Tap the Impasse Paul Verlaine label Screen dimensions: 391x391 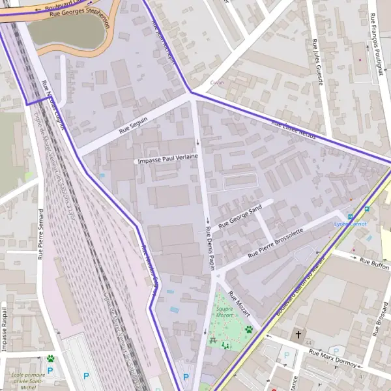pos(166,158)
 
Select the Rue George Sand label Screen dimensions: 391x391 pos(240,216)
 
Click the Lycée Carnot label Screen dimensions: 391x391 pos(351,224)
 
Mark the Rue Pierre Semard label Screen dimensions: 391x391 pos(40,239)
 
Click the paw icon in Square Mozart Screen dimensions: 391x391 pos(248,330)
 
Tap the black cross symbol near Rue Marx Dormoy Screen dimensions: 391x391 pos(299,334)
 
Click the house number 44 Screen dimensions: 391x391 pos(308,343)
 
